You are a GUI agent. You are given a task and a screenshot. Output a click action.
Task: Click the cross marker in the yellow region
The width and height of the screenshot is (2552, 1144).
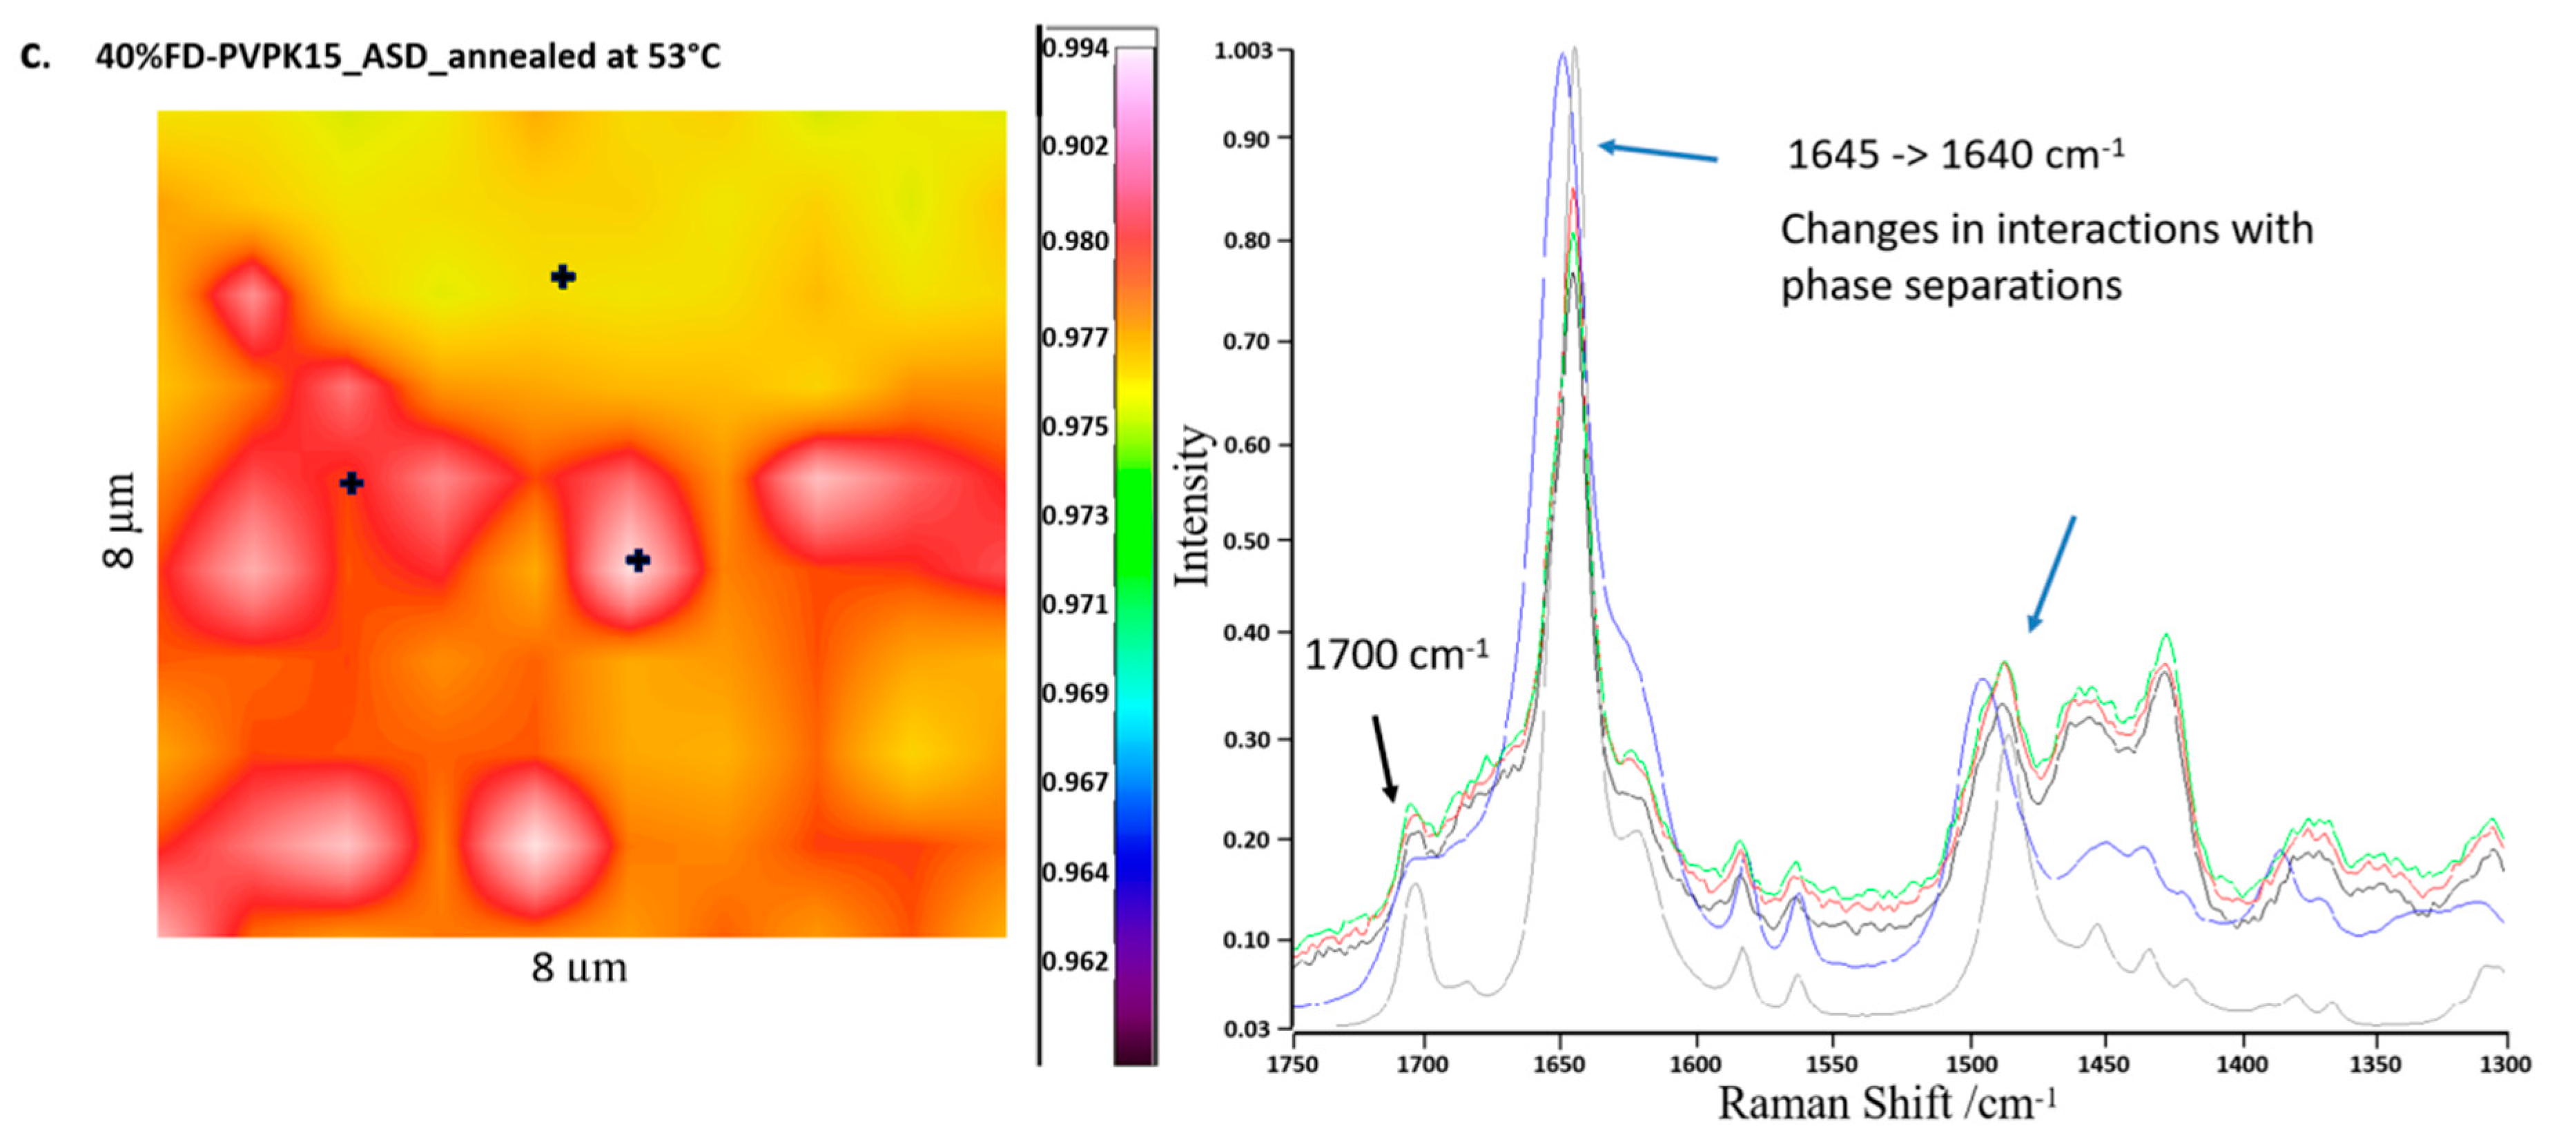click(x=563, y=277)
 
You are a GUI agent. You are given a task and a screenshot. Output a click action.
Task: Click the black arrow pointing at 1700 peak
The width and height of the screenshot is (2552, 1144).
click(x=1384, y=758)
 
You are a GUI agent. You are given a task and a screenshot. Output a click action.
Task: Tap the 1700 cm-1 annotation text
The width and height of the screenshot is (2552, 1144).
click(x=1395, y=655)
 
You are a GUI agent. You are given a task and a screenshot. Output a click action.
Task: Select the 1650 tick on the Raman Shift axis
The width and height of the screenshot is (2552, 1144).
click(x=1560, y=1064)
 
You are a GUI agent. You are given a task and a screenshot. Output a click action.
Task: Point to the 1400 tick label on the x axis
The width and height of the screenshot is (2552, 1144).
click(x=2241, y=1064)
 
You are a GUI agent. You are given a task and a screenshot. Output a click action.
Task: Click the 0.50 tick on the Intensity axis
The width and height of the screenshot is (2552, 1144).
click(x=1246, y=541)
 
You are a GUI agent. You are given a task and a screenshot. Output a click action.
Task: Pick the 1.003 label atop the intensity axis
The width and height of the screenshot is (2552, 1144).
click(x=1243, y=50)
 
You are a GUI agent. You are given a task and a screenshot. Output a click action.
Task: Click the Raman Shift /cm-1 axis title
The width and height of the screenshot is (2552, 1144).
click(x=1887, y=1103)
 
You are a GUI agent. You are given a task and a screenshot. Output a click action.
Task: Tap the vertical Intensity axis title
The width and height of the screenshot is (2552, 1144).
click(x=1193, y=505)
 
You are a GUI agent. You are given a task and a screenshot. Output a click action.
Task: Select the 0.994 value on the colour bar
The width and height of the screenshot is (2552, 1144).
click(x=1076, y=48)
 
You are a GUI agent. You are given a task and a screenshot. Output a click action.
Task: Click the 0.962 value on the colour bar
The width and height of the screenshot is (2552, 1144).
click(x=1076, y=960)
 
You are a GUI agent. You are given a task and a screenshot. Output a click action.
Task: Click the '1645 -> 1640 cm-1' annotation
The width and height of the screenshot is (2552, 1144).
click(x=1954, y=155)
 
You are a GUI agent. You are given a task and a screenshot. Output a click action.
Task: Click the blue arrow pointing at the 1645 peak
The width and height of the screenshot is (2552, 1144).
click(x=1657, y=152)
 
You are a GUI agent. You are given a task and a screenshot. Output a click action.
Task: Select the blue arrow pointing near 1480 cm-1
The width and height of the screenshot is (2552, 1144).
click(x=2051, y=573)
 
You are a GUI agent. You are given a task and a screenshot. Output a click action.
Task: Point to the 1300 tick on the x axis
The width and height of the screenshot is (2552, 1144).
click(x=2506, y=1064)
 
